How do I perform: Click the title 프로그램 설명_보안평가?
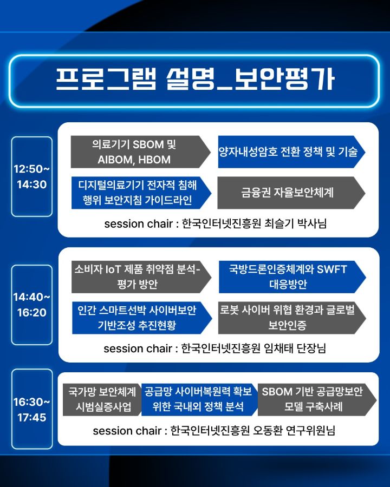click(195, 79)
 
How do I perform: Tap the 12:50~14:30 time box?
click(32, 176)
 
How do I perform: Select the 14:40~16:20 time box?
click(32, 305)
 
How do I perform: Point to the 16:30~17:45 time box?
click(32, 409)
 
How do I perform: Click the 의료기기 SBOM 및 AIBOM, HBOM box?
click(140, 152)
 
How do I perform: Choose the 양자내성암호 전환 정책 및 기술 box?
click(291, 152)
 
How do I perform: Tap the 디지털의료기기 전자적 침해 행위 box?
click(141, 193)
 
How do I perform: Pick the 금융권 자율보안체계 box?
click(291, 193)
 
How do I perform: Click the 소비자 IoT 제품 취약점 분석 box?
click(141, 277)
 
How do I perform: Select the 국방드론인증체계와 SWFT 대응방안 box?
click(292, 277)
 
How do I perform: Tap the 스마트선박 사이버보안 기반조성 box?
click(142, 318)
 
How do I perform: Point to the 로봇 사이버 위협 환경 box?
click(292, 318)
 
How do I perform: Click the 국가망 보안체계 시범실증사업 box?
click(102, 400)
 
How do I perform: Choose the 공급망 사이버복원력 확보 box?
click(199, 400)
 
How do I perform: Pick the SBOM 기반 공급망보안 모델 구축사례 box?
click(317, 400)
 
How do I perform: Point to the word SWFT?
click(332, 269)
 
